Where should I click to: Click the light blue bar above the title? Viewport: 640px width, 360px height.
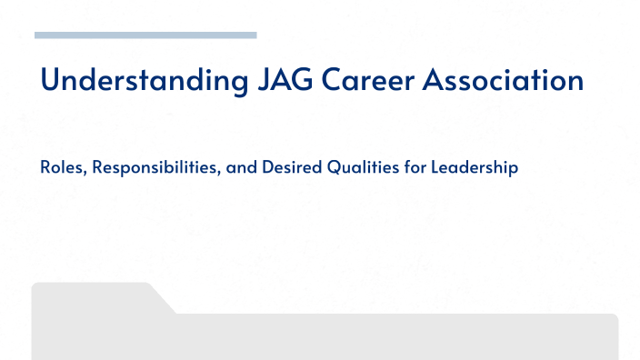click(145, 35)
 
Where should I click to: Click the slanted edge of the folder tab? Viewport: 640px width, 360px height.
click(164, 299)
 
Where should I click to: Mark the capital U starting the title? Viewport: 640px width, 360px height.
click(50, 81)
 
